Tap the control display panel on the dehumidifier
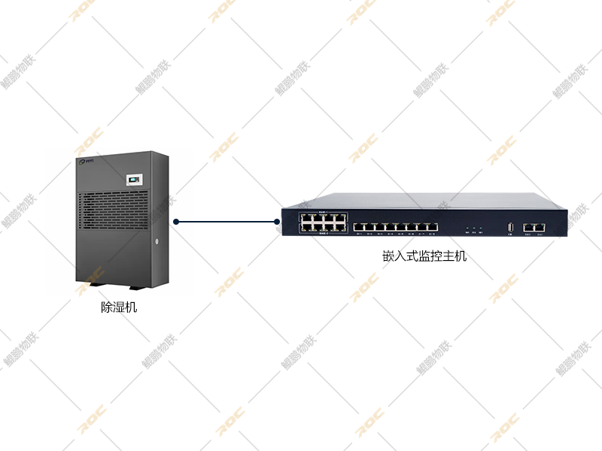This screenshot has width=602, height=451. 133,180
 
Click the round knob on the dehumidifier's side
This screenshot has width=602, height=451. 157,242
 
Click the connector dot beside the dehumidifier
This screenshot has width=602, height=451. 175,222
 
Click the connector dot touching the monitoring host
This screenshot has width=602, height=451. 277,222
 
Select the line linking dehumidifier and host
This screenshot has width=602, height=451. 226,222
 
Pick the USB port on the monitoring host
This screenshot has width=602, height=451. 511,226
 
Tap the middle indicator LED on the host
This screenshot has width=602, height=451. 476,227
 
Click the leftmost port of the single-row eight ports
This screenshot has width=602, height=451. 359,226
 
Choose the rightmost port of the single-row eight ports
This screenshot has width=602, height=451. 432,226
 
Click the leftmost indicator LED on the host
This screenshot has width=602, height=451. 467,227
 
